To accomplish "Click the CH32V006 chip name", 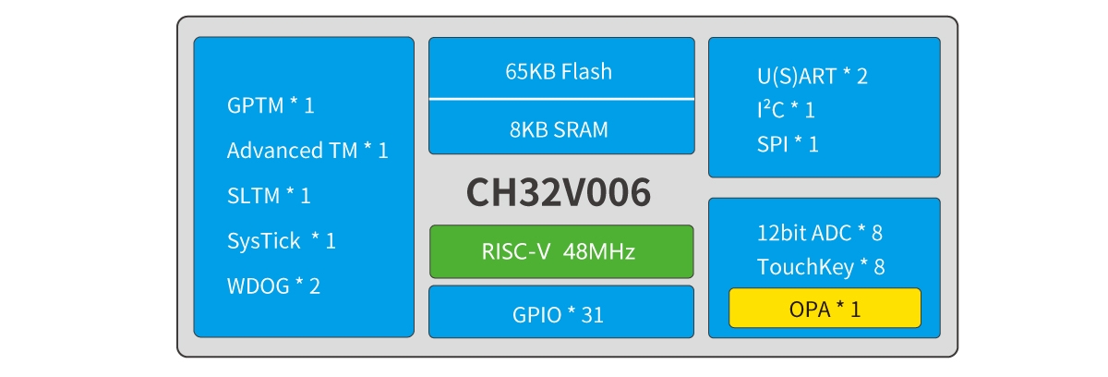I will pos(559,193).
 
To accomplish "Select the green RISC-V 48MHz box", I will pos(560,251).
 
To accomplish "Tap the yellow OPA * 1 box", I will pos(825,309).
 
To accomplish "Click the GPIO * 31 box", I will pos(560,312).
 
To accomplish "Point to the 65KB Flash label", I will pos(558,71).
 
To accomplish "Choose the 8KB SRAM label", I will pos(559,129).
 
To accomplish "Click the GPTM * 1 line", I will pos(271,105).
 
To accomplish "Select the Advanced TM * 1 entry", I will pos(307,151).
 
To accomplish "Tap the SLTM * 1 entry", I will pos(269,196).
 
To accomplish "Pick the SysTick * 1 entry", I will pos(282,241).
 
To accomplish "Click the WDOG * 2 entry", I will pos(273,286).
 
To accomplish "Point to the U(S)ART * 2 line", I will pos(812,76).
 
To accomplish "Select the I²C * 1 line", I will pos(786,110).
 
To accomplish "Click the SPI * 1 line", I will pos(788,144).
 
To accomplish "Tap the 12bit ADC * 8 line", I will pos(820,233).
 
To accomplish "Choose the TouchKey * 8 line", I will pos(821,267).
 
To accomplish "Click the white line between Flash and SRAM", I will pos(560,98).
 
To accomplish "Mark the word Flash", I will pos(586,71).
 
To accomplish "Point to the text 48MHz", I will pos(599,251).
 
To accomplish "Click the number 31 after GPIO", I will pos(593,314).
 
